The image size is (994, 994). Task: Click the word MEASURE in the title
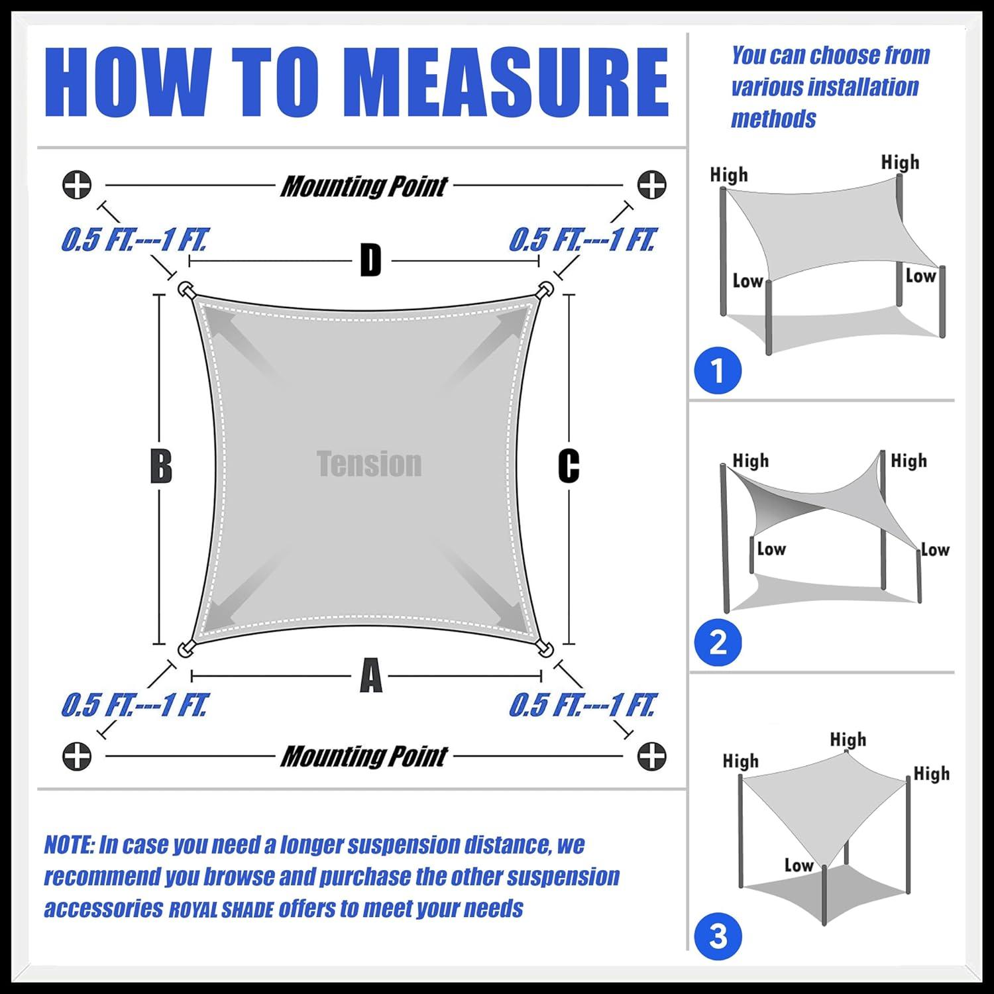[x=507, y=83]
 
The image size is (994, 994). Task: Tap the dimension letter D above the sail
[x=370, y=260]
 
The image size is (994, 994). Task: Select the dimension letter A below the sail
[x=370, y=676]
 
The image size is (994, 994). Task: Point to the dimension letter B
[x=161, y=467]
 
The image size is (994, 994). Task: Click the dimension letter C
[x=569, y=467]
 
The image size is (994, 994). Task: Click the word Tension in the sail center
[x=369, y=464]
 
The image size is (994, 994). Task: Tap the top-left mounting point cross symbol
[x=77, y=185]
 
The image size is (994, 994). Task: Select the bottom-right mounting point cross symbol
[x=651, y=756]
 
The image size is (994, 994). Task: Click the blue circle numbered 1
[x=718, y=370]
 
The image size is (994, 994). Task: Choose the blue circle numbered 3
[x=718, y=936]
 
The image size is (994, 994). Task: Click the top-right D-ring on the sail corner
[x=545, y=290]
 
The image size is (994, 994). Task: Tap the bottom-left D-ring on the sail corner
[x=185, y=649]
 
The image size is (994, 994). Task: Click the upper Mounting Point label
[x=364, y=187]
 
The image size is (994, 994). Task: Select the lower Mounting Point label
[x=364, y=756]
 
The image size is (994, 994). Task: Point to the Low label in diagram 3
[x=799, y=865]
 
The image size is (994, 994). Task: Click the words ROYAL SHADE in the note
[x=221, y=910]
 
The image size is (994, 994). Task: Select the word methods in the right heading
[x=773, y=119]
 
